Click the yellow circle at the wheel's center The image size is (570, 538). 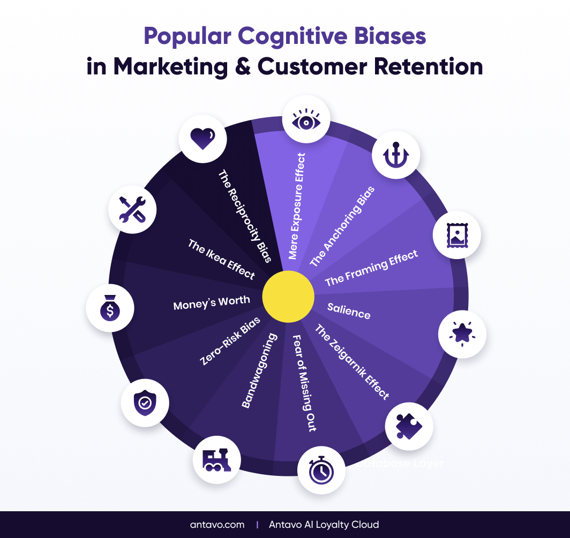tap(288, 297)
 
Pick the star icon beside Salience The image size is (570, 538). tap(462, 334)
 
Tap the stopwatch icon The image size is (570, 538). tap(321, 470)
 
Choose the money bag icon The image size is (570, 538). tap(110, 309)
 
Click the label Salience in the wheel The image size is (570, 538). tap(349, 310)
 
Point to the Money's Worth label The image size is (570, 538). tap(212, 303)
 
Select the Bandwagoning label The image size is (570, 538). tap(260, 370)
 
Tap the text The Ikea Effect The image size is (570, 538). tap(221, 259)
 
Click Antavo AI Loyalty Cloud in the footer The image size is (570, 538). tap(324, 524)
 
